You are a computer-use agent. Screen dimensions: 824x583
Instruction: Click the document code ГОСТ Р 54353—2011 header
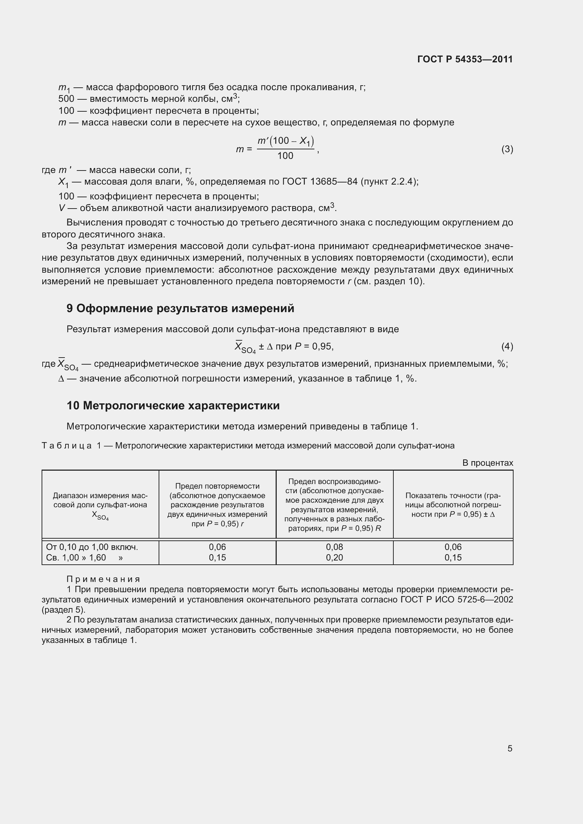click(x=465, y=59)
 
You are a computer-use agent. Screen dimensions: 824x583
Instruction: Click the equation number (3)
click(x=507, y=149)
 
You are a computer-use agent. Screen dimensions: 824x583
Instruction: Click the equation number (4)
click(x=507, y=346)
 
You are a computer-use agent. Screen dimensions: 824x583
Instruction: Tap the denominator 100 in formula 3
click(x=285, y=156)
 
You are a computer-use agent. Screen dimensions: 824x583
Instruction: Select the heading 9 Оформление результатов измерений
click(x=180, y=308)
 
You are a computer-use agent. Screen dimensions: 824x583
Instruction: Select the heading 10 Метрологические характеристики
click(x=173, y=405)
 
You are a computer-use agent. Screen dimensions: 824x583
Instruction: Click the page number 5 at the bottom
click(x=510, y=748)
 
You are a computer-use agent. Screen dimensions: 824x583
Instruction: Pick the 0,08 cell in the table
click(x=334, y=547)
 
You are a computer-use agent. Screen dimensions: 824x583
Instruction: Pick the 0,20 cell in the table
click(x=334, y=557)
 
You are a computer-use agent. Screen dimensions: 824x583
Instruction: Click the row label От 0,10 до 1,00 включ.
click(x=92, y=547)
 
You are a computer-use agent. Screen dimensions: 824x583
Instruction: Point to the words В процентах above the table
click(x=487, y=463)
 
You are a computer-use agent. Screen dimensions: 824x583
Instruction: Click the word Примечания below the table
click(x=103, y=579)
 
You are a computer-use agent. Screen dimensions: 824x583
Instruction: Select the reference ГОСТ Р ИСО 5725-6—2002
click(x=456, y=600)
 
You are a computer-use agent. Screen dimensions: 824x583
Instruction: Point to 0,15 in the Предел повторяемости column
click(x=217, y=557)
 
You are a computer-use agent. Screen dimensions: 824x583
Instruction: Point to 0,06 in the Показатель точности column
click(x=453, y=547)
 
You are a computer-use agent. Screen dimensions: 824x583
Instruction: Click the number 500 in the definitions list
click(x=66, y=99)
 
